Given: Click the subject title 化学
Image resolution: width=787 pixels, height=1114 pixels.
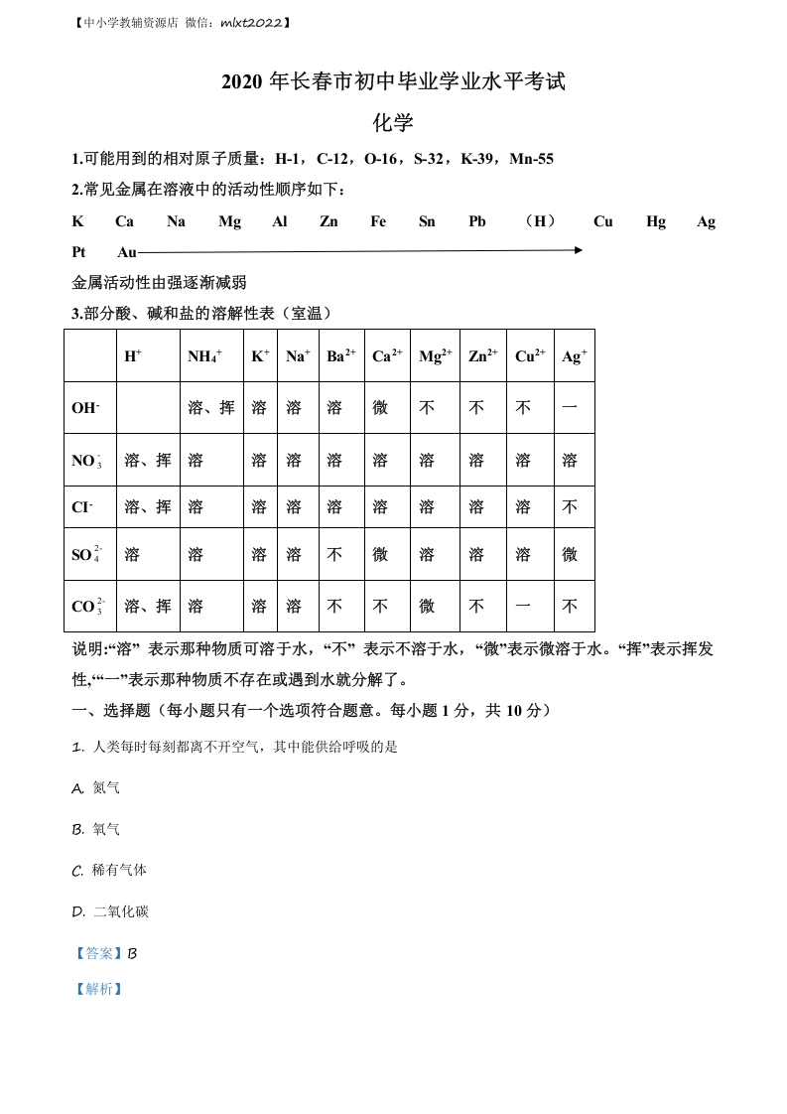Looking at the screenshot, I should (393, 123).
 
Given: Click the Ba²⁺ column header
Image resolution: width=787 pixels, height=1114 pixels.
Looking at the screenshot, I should (340, 355).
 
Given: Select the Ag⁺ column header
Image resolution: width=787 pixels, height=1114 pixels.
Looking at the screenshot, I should (574, 355).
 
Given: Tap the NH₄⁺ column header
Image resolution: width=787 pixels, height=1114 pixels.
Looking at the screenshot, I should (204, 356).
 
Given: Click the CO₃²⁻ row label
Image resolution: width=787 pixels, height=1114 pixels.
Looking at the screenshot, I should (87, 606).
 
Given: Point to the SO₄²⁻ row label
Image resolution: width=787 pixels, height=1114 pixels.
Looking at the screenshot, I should (86, 554).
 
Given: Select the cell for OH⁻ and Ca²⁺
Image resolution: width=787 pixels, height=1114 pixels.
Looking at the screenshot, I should (380, 408).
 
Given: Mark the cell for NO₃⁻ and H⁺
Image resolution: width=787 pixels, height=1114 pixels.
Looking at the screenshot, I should (147, 460).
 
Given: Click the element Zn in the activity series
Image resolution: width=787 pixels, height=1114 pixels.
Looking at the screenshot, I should (328, 221).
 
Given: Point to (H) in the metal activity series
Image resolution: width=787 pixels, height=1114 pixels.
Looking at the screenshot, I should (540, 221).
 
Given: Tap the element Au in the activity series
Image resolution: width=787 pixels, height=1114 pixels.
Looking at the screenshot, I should (127, 252).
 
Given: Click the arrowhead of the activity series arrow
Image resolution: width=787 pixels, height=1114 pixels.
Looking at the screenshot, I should (578, 250).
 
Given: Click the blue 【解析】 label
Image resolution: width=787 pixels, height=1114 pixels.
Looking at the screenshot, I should (97, 989).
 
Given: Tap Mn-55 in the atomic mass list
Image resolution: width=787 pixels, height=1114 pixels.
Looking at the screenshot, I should (531, 159).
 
